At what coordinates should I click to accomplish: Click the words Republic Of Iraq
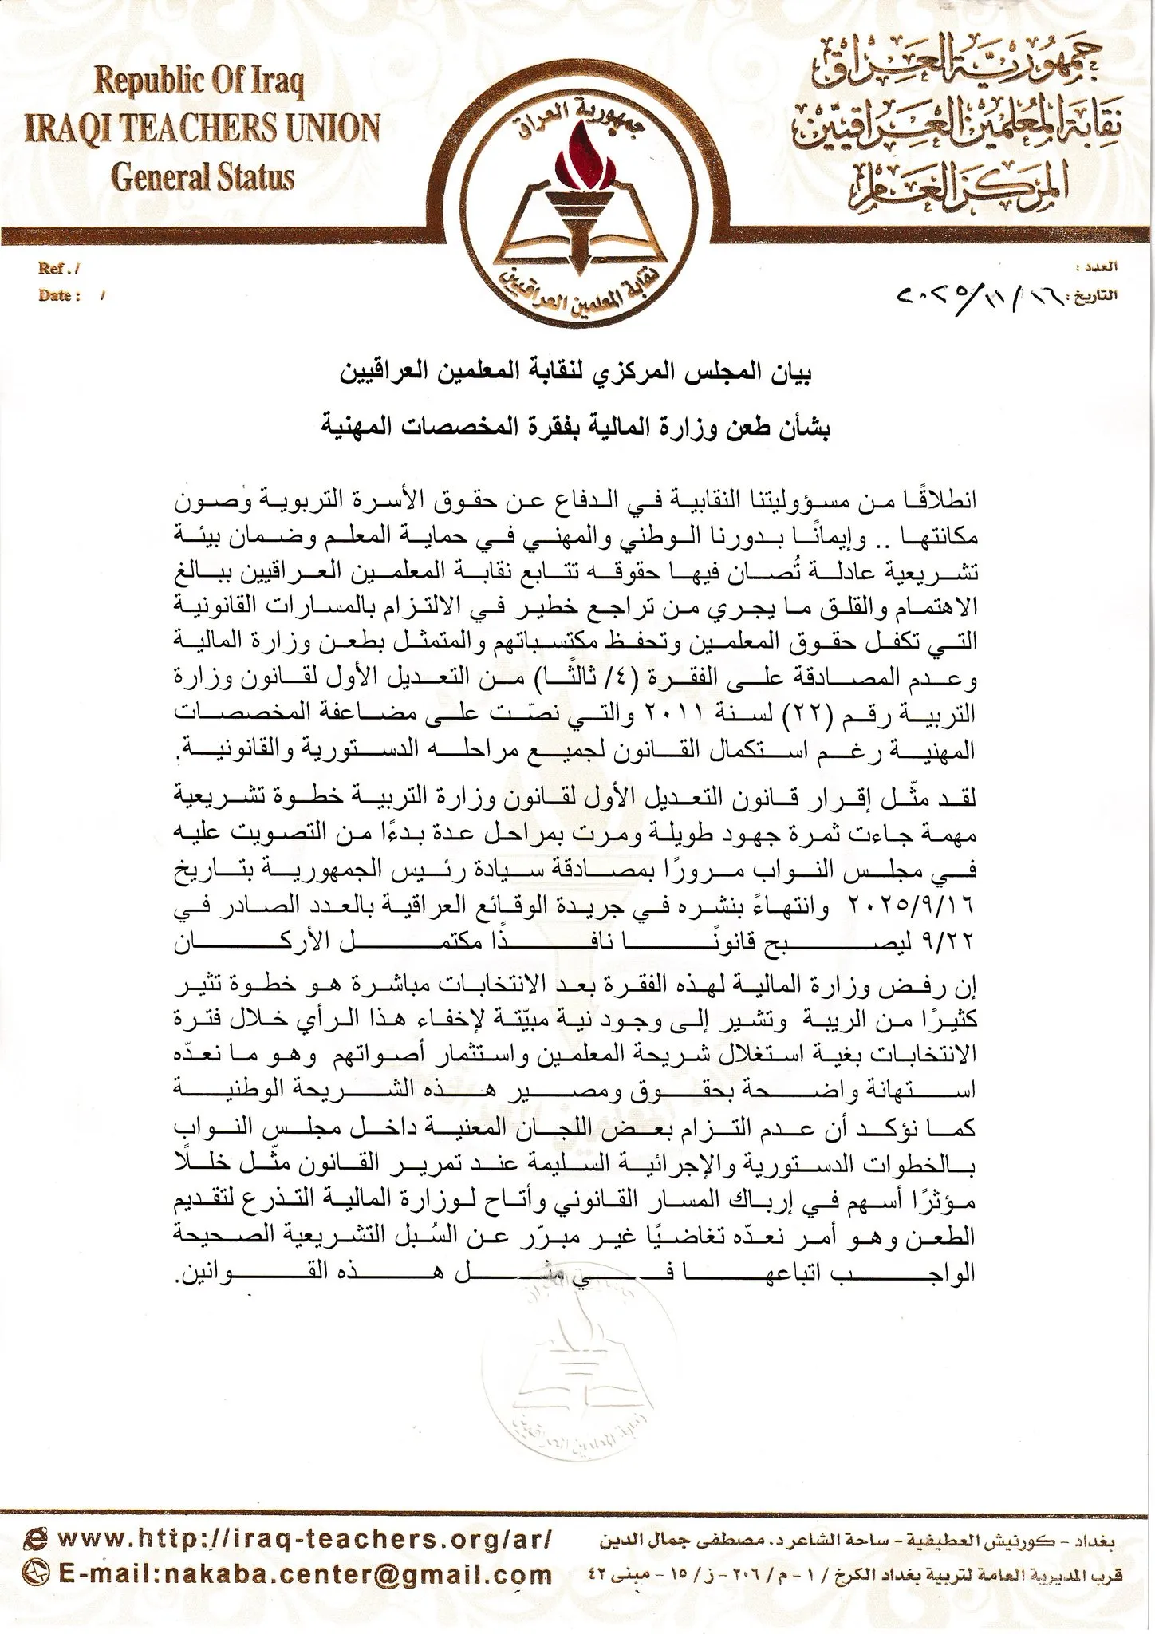199,83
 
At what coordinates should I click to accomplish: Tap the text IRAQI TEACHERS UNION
203,128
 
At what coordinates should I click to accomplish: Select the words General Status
203,176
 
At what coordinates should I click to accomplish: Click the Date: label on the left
60,295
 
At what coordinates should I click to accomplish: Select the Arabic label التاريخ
1096,296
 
